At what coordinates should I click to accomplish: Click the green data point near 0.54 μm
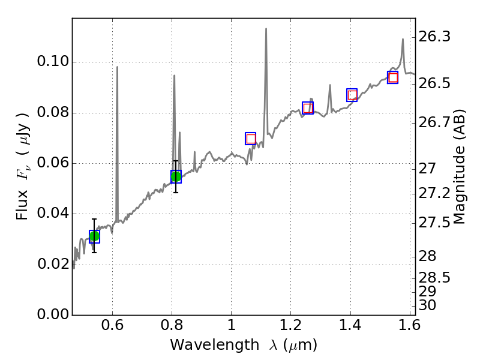pyautogui.click(x=94, y=236)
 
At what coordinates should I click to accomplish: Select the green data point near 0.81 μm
pyautogui.click(x=176, y=176)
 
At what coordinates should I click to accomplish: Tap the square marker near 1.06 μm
pyautogui.click(x=251, y=139)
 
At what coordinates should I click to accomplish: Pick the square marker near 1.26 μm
pyautogui.click(x=308, y=108)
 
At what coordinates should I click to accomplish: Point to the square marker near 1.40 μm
pyautogui.click(x=352, y=95)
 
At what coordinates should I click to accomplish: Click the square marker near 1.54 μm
pyautogui.click(x=393, y=77)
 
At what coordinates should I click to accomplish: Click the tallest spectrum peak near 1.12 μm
pyautogui.click(x=266, y=29)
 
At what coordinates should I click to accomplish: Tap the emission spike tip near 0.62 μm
pyautogui.click(x=117, y=67)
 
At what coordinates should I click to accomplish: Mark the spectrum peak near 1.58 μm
pyautogui.click(x=403, y=40)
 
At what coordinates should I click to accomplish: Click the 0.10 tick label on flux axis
pyautogui.click(x=52, y=62)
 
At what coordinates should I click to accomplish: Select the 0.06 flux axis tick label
pyautogui.click(x=52, y=163)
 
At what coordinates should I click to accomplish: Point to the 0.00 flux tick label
pyautogui.click(x=52, y=314)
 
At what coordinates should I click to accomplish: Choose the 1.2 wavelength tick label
pyautogui.click(x=290, y=328)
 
